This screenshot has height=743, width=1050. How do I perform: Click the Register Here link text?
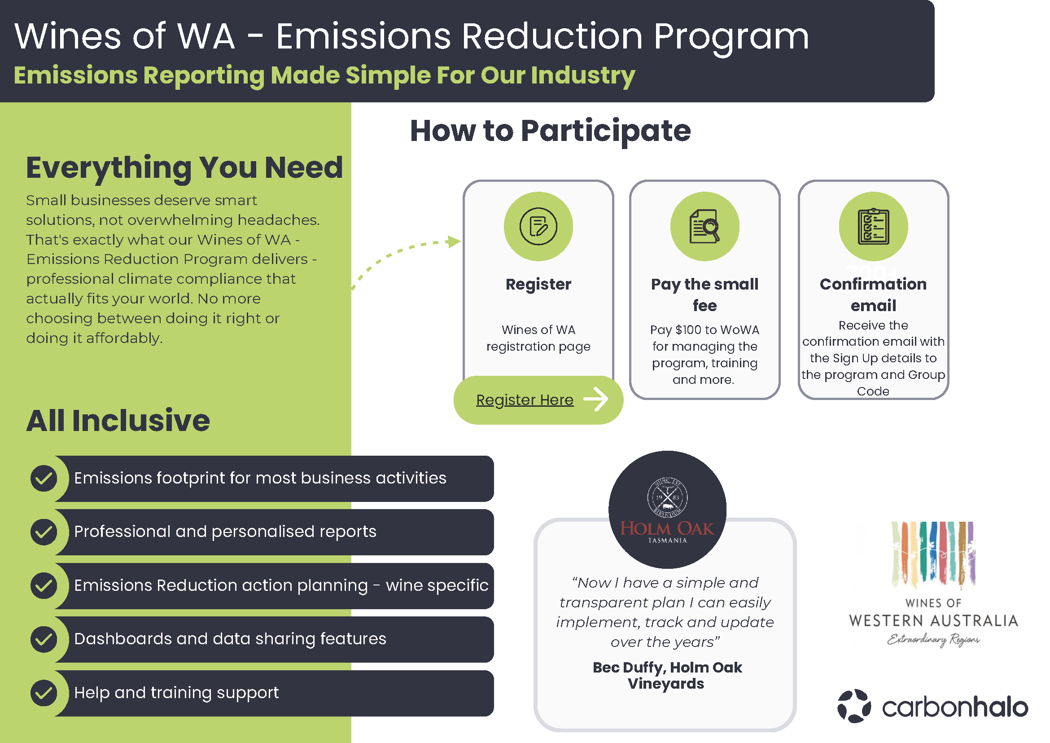coord(525,400)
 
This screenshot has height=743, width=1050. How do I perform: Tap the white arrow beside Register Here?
coord(596,399)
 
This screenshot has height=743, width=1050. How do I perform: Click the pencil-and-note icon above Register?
coord(538,226)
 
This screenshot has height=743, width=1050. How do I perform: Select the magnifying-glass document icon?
coord(705,226)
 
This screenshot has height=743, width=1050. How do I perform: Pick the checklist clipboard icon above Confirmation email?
coord(873,226)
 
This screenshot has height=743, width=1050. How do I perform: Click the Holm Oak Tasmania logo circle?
coord(667,509)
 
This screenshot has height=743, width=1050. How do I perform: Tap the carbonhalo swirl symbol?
coord(854,706)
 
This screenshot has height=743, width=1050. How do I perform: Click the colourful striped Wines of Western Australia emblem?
coord(933,554)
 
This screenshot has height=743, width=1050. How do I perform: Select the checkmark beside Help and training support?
coord(44,693)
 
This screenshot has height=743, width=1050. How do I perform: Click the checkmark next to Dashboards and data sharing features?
coord(44,639)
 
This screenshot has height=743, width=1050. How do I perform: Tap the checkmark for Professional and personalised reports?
coord(44,532)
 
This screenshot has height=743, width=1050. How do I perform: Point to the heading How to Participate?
coord(550,132)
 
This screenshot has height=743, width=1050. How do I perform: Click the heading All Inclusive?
coord(118,421)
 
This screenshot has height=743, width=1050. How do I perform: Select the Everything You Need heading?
coord(184,168)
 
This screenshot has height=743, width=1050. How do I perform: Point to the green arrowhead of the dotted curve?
coord(454,242)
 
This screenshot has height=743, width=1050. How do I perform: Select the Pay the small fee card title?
coord(705,295)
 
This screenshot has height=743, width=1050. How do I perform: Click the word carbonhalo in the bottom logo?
coord(955,708)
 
